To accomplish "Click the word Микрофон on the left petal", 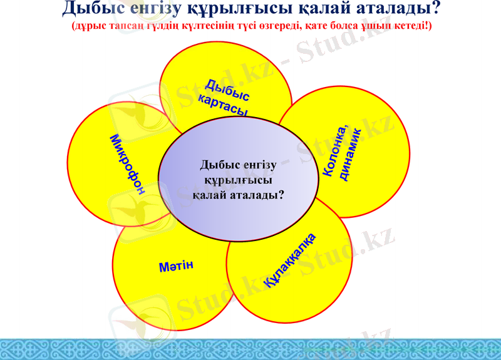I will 128,164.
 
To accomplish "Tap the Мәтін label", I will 176,266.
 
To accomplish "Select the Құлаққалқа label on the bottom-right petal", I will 290,260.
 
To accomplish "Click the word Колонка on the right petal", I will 335,150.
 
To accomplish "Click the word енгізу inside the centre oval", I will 255,165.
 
